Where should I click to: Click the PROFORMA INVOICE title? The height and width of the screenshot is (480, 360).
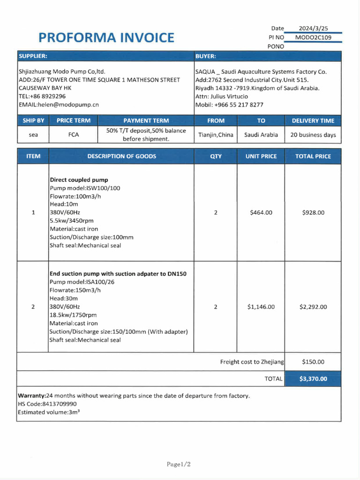[x=106, y=37]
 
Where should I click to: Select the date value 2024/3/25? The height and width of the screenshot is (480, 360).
[x=313, y=29]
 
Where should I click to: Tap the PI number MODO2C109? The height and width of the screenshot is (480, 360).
[x=313, y=37]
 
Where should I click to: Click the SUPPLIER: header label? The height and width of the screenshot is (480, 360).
[x=33, y=56]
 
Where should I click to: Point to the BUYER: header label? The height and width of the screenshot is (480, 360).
[x=206, y=56]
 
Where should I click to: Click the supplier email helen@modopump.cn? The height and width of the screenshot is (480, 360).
[x=59, y=105]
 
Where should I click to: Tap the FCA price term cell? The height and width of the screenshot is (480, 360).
[x=74, y=135]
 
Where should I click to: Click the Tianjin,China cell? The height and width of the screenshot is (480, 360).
[x=216, y=135]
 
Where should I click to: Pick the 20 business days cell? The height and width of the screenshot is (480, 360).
[x=313, y=135]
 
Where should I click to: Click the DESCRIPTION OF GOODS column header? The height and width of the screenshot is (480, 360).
[x=121, y=156]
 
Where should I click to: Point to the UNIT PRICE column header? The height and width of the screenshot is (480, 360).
[x=261, y=156]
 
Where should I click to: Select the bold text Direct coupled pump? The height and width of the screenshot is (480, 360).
[x=79, y=180]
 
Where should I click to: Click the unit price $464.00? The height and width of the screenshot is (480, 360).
[x=261, y=213]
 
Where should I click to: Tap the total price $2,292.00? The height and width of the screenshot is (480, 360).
[x=313, y=307]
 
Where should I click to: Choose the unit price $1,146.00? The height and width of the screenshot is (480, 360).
[x=261, y=307]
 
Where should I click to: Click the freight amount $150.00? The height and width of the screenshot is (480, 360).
[x=313, y=362]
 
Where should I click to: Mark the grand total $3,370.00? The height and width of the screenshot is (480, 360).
[x=313, y=379]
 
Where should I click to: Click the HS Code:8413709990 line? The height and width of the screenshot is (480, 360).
[x=47, y=404]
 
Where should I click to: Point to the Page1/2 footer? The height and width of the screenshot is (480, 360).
[x=179, y=465]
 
